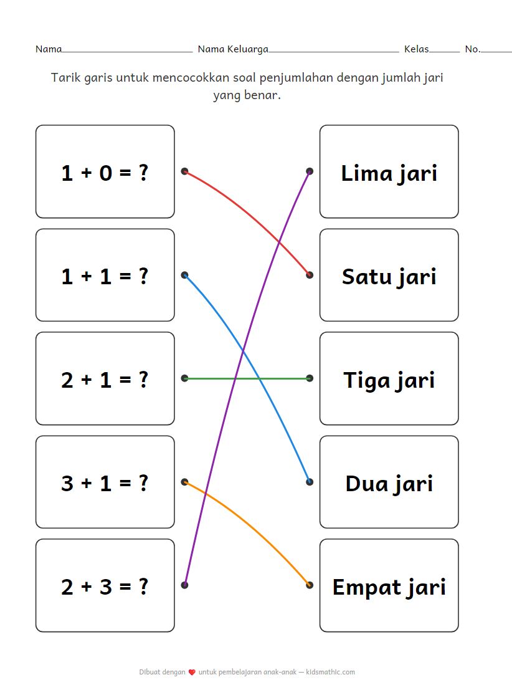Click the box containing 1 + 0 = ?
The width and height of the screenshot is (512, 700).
pyautogui.click(x=105, y=171)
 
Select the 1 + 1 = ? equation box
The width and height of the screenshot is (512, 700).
pyautogui.click(x=105, y=275)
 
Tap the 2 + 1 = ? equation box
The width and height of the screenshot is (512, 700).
pyautogui.click(x=105, y=378)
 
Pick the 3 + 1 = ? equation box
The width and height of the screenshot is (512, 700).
pyautogui.click(x=105, y=482)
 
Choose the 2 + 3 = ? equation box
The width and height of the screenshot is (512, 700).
pyautogui.click(x=105, y=585)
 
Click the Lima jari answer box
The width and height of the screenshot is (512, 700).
pyautogui.click(x=389, y=171)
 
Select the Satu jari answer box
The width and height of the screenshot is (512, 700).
pyautogui.click(x=389, y=275)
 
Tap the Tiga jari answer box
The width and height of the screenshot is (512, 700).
pyautogui.click(x=389, y=378)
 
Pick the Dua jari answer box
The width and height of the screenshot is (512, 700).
pyautogui.click(x=389, y=482)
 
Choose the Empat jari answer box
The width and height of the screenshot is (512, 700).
pyautogui.click(x=389, y=585)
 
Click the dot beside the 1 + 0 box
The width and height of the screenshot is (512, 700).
pyautogui.click(x=184, y=171)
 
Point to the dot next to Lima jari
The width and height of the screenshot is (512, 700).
pyautogui.click(x=310, y=171)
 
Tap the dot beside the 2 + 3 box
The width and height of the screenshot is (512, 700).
pyautogui.click(x=184, y=585)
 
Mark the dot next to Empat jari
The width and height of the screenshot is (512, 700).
pyautogui.click(x=310, y=585)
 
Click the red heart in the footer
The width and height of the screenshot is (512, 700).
pyautogui.click(x=192, y=673)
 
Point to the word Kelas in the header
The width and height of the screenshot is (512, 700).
pyautogui.click(x=416, y=49)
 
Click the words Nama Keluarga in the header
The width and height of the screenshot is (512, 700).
pyautogui.click(x=233, y=49)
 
